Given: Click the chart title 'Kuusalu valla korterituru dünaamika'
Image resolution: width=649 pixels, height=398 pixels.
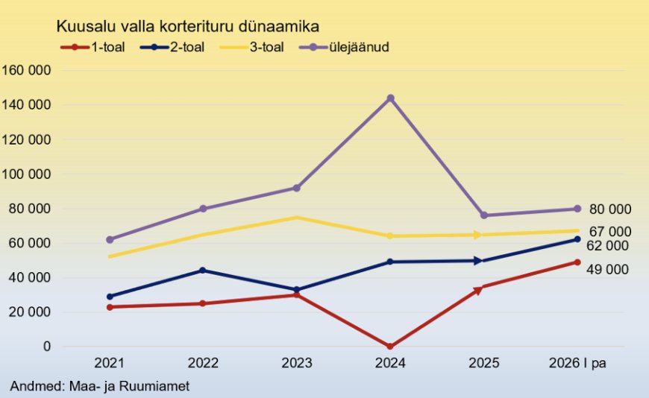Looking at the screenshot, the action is coord(187,27).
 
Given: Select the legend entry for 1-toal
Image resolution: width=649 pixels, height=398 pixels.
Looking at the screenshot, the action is coord(93,47).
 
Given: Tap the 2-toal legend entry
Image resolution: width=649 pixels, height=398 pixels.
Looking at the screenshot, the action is coord(172,47).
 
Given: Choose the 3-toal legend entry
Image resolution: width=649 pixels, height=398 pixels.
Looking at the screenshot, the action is coord(251,47).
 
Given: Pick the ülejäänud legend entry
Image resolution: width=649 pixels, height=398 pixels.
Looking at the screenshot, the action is coord(344,47).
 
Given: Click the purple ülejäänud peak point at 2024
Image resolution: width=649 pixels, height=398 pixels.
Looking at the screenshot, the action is coord(390,98).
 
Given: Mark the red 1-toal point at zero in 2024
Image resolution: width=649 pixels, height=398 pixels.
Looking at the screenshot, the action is coord(390,347).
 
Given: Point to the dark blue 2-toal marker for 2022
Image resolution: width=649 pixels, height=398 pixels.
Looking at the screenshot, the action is coord(203,270).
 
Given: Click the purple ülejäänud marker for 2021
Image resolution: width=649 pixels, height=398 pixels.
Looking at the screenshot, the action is coord(110,239).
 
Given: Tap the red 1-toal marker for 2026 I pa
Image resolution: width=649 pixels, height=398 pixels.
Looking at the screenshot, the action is coord(577,262).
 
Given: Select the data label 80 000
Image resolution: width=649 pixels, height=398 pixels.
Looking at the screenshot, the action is coord(610,209).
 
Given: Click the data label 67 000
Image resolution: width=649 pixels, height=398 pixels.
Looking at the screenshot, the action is coord(610,232).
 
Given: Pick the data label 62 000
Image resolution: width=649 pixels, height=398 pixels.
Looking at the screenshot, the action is coord(607,246).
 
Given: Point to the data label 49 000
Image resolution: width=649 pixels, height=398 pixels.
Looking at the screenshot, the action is coord(607,269).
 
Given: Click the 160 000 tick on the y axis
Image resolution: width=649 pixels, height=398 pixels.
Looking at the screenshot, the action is coord(26,70).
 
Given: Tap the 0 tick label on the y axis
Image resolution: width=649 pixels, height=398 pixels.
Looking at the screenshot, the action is coord(47,347).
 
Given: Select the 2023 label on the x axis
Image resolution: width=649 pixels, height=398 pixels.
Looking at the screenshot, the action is coord(297,363).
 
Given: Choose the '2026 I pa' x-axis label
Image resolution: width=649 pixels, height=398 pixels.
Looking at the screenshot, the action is coord(577,363).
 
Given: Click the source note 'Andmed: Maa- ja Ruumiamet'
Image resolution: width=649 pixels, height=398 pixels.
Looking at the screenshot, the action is coord(100,386).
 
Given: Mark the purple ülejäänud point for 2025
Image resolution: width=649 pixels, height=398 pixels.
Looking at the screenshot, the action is coord(484,215).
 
